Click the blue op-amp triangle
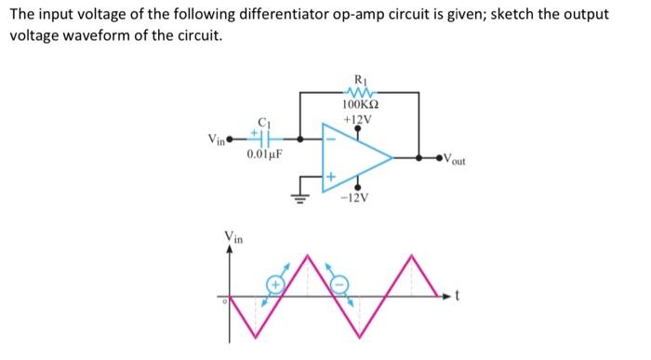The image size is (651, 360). pyautogui.click(x=358, y=157)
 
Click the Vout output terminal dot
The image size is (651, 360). pyautogui.click(x=443, y=157)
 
